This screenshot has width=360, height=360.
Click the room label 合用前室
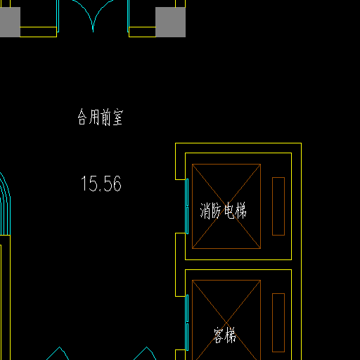click(101, 117)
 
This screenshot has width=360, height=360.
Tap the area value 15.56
click(101, 184)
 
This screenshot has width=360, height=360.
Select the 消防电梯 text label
click(223, 210)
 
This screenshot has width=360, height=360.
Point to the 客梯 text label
click(224, 335)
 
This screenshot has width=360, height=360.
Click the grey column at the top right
click(170, 22)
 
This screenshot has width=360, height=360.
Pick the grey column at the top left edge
click(10, 22)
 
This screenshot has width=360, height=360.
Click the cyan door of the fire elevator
click(187, 206)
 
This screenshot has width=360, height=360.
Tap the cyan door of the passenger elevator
click(187, 323)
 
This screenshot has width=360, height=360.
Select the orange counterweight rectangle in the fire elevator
click(278, 206)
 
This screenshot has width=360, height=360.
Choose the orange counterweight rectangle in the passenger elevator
click(278, 323)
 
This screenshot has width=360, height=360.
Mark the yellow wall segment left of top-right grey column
click(142, 32)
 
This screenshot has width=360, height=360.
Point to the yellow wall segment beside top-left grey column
click(39, 32)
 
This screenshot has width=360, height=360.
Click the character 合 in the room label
click(82, 117)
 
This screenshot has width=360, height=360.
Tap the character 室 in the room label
click(118, 117)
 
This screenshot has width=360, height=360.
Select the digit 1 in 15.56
click(84, 184)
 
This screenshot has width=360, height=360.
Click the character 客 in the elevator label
click(218, 335)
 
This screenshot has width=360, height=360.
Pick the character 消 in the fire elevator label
click(205, 211)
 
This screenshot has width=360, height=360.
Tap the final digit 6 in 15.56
click(117, 184)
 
